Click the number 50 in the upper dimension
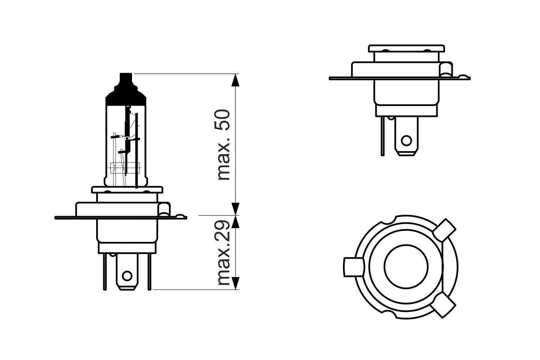pos(222,120)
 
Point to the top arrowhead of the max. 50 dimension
pos(235,80)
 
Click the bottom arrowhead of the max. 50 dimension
pos(235,209)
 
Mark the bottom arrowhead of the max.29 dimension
pos(235,283)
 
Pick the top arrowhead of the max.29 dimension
pos(235,222)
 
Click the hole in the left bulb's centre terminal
pos(127,276)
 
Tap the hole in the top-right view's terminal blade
pos(406,141)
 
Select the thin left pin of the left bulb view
pos(105,272)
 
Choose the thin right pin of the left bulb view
pos(149,272)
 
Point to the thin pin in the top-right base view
pos(383,136)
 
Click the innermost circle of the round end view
pos(406,267)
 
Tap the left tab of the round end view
pos(354,267)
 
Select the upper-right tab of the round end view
pos(444,230)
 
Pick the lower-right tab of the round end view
pos(443,305)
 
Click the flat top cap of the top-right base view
pos(406,49)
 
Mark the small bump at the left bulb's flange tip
pos(181,216)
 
